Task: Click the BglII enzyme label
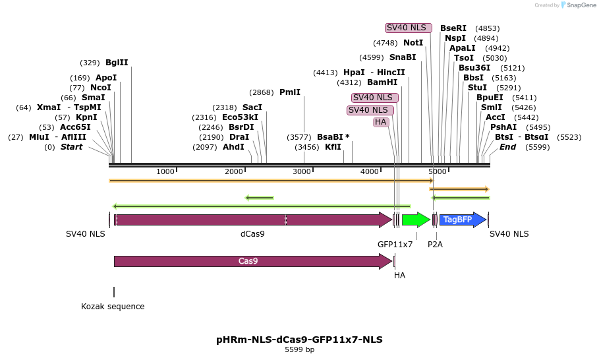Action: point(117,63)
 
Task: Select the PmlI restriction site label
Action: point(290,92)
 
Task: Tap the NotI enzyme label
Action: point(413,43)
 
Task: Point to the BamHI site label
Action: point(382,82)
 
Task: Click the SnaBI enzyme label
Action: point(403,57)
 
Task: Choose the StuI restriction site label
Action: point(477,87)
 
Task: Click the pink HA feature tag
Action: point(380,122)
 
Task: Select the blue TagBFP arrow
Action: point(461,220)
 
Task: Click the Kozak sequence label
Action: point(113,307)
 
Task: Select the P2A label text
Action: point(435,245)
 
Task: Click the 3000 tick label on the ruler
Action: point(302,172)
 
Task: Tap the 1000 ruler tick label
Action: point(165,172)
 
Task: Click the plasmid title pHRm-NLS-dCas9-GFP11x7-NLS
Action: point(299,340)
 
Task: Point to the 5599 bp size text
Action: point(299,350)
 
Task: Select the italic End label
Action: point(507,147)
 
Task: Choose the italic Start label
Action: point(72,147)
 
